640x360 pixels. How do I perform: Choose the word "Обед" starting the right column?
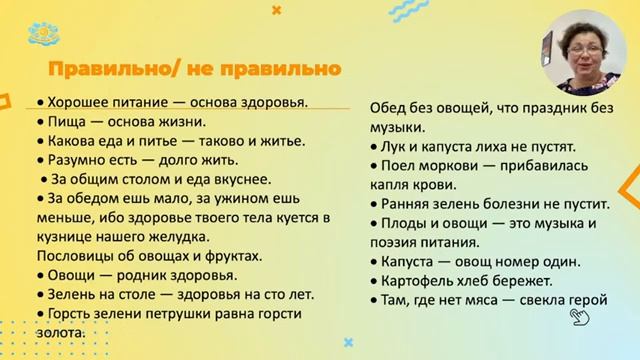[x=389, y=108]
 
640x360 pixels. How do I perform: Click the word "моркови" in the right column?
[x=444, y=165]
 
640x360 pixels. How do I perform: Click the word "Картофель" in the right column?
[x=418, y=280]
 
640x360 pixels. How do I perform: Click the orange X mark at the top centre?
[x=277, y=9]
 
